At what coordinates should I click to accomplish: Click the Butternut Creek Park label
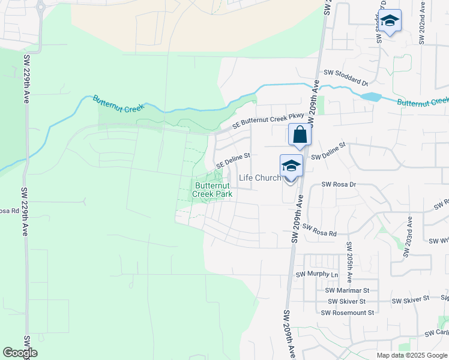pyautogui.click(x=212, y=190)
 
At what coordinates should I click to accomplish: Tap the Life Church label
pyautogui.click(x=259, y=178)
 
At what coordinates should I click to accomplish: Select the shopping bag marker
pyautogui.click(x=300, y=135)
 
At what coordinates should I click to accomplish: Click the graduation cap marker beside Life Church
pyautogui.click(x=291, y=166)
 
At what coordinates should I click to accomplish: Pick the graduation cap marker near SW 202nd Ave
pyautogui.click(x=390, y=21)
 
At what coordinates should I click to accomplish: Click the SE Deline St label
pyautogui.click(x=232, y=160)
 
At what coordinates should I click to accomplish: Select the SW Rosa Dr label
pyautogui.click(x=339, y=185)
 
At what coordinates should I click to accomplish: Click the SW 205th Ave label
pyautogui.click(x=348, y=262)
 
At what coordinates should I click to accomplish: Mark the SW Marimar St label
pyautogui.click(x=348, y=290)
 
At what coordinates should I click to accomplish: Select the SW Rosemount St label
pyautogui.click(x=347, y=313)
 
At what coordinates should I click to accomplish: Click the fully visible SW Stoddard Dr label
pyautogui.click(x=345, y=77)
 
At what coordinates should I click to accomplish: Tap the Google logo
pyautogui.click(x=20, y=353)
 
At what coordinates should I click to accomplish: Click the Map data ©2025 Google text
pyautogui.click(x=412, y=355)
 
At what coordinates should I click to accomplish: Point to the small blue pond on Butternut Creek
pyautogui.click(x=371, y=97)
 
